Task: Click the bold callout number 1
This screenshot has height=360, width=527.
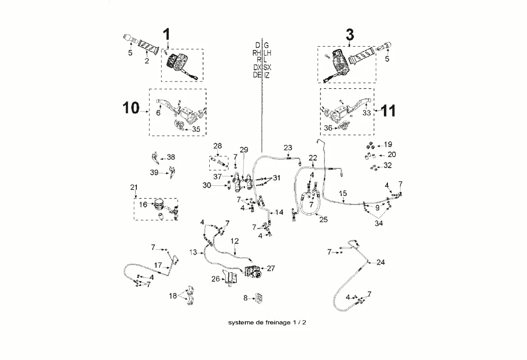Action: [x=167, y=34]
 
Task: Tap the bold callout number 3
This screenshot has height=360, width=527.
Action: [x=350, y=35]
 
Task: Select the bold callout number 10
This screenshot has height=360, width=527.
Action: [x=131, y=108]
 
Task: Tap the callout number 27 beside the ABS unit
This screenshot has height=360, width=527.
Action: [x=270, y=268]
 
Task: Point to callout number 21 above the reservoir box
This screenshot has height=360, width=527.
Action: [x=134, y=187]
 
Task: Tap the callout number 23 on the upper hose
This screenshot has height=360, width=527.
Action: [x=288, y=148]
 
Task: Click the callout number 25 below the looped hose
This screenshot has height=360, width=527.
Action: [x=323, y=220]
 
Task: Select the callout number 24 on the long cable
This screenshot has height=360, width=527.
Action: [x=381, y=262]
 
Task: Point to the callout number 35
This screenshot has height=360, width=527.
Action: [x=196, y=129]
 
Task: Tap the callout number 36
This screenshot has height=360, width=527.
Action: [x=328, y=128]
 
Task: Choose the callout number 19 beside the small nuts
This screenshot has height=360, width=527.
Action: [x=387, y=144]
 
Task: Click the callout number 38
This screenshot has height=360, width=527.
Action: [x=171, y=157]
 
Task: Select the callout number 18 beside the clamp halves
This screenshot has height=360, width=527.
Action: [x=173, y=296]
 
